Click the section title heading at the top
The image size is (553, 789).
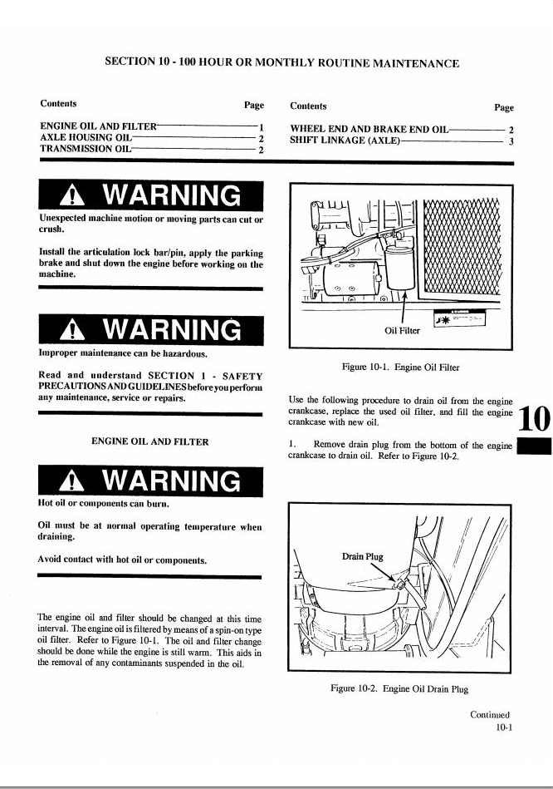pos(282,62)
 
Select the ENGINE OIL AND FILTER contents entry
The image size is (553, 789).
pos(99,126)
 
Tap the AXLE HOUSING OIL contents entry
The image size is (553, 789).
pos(86,137)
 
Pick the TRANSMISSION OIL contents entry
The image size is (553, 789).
pos(86,149)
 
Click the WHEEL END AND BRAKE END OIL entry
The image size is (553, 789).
pos(369,129)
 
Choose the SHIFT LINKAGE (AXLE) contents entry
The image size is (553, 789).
pos(345,140)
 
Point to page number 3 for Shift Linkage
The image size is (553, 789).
pos(511,142)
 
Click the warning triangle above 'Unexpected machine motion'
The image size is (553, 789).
pos(72,196)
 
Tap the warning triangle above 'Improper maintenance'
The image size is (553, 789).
pos(72,331)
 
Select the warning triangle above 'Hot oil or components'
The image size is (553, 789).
pos(71,481)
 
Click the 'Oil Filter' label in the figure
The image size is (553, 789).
pos(402,331)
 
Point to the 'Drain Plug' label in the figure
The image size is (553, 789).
pos(363,556)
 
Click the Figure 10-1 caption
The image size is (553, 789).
pos(401,367)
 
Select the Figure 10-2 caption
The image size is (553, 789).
pos(399,688)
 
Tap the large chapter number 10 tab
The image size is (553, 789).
pos(535,419)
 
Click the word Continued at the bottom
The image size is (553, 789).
pos(490,714)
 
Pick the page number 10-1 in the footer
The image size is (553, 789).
pos(504,727)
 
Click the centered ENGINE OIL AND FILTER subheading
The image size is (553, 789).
pos(149,441)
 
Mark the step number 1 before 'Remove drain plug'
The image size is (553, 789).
pos(291,444)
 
